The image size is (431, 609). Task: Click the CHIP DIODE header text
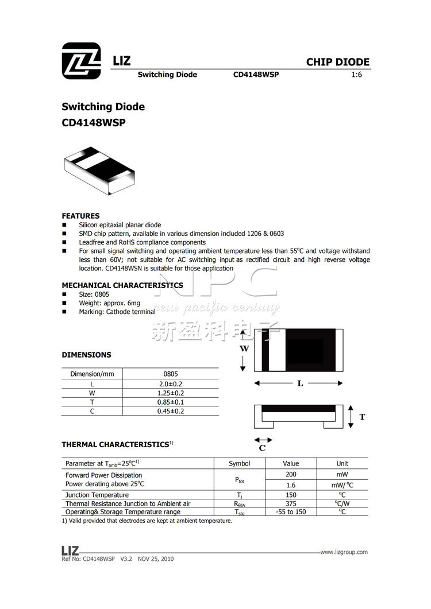point(337,62)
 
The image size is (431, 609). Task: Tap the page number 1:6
point(356,75)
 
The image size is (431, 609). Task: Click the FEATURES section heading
point(80,216)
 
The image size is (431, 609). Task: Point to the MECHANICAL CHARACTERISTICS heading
point(122,285)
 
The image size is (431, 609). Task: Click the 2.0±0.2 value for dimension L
point(171,383)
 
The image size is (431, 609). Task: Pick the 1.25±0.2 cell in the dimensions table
point(171,393)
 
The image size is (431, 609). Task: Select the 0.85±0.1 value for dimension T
point(171,402)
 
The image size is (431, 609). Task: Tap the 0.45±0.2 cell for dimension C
point(171,411)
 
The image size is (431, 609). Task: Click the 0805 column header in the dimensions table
point(171,374)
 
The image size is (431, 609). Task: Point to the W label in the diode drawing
point(244,348)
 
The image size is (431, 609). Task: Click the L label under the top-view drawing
point(300,383)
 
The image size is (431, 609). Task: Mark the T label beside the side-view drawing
point(362,417)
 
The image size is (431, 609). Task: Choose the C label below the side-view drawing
point(262,448)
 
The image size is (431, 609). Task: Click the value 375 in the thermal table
point(291,503)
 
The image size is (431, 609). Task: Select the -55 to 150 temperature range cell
point(291,512)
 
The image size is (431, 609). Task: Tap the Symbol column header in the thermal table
point(240,463)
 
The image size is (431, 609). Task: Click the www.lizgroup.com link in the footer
point(344,552)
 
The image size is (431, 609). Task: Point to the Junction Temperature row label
point(97,495)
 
